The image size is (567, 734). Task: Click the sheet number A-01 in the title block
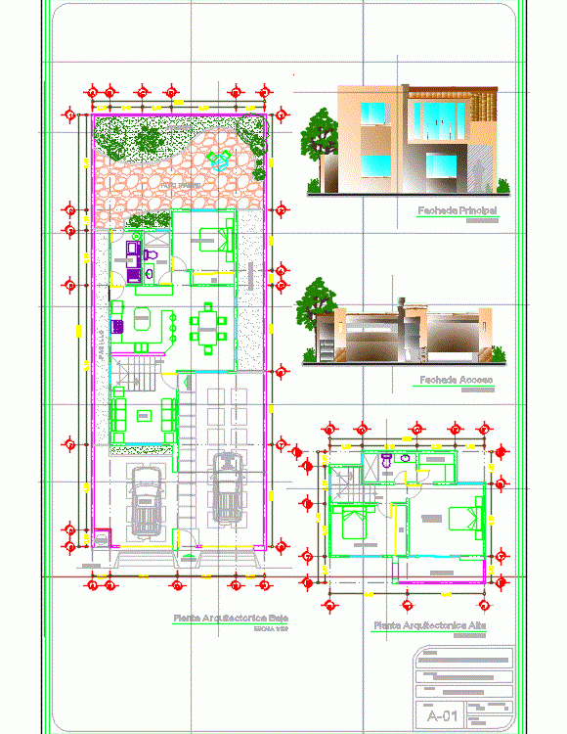pos(441,716)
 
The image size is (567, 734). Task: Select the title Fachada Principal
pos(457,210)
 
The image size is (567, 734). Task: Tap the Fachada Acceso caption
pos(456,380)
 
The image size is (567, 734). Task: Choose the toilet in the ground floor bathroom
pos(150,255)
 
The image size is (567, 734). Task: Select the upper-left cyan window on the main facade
pos(375,115)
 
